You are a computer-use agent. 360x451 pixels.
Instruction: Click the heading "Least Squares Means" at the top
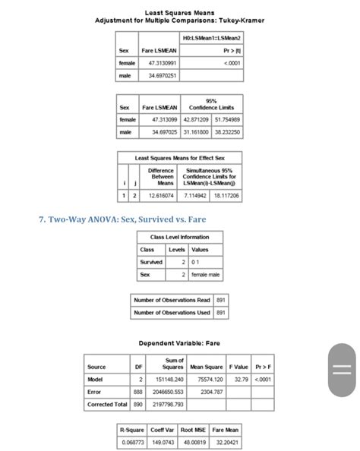pos(179,13)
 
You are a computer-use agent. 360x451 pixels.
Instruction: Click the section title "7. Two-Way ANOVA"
pos(122,220)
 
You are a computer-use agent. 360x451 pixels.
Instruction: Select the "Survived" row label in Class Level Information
pos(151,262)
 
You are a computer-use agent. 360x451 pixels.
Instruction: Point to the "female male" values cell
pos(206,275)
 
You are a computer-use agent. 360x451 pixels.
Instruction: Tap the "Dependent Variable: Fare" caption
pos(179,342)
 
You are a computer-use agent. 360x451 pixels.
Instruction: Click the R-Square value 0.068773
pos(132,440)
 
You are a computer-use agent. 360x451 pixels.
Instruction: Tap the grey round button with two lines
pos(341,370)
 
